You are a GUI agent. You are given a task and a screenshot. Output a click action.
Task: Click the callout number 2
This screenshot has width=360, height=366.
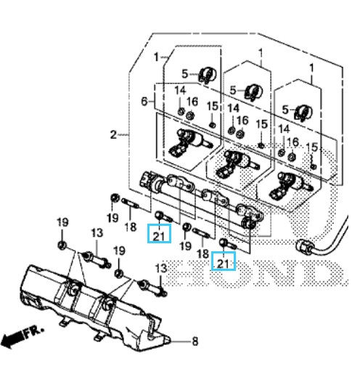click(x=113, y=134)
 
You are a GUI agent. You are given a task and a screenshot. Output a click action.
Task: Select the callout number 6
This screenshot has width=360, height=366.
click(x=144, y=101)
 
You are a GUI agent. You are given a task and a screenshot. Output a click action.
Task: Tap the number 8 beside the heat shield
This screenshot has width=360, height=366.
click(x=195, y=341)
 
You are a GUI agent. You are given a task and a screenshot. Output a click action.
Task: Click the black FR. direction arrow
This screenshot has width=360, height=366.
click(x=12, y=339)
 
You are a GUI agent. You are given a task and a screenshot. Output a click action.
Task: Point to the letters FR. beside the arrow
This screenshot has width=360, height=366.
click(x=34, y=333)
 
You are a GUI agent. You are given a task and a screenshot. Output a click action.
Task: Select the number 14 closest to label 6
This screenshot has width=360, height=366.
click(x=180, y=91)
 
